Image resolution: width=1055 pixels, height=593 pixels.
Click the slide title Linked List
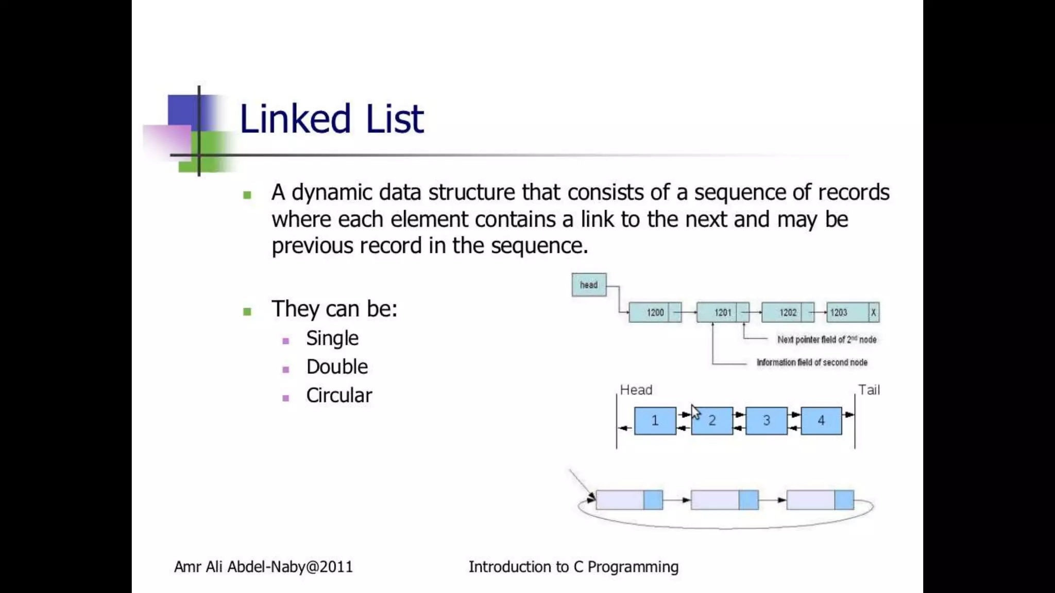pyautogui.click(x=331, y=119)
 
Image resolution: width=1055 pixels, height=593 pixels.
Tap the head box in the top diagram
pyautogui.click(x=589, y=285)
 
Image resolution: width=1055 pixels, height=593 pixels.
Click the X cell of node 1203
pyautogui.click(x=874, y=312)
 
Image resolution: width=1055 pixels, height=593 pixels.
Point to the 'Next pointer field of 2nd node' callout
pyautogui.click(x=827, y=340)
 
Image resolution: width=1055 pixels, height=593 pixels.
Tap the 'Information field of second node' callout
pyautogui.click(x=812, y=362)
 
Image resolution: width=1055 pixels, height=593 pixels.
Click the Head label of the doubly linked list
pyautogui.click(x=636, y=390)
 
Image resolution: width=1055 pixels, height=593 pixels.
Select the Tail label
pyautogui.click(x=869, y=390)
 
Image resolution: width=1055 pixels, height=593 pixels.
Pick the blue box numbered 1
pyautogui.click(x=655, y=421)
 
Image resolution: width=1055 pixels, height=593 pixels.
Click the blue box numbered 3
pyautogui.click(x=767, y=421)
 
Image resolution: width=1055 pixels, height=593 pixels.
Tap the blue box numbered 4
pyautogui.click(x=821, y=421)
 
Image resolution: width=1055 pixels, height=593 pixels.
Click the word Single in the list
pyautogui.click(x=332, y=338)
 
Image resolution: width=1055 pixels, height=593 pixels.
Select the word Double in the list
pyautogui.click(x=337, y=367)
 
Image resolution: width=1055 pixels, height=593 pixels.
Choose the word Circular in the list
pyautogui.click(x=339, y=395)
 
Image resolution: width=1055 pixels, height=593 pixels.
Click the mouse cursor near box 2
pyautogui.click(x=695, y=411)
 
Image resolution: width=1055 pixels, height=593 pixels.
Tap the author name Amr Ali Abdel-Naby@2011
pyautogui.click(x=263, y=567)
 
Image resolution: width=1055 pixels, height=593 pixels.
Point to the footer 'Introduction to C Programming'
pyautogui.click(x=573, y=567)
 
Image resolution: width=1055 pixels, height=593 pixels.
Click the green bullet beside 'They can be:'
pyautogui.click(x=247, y=311)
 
